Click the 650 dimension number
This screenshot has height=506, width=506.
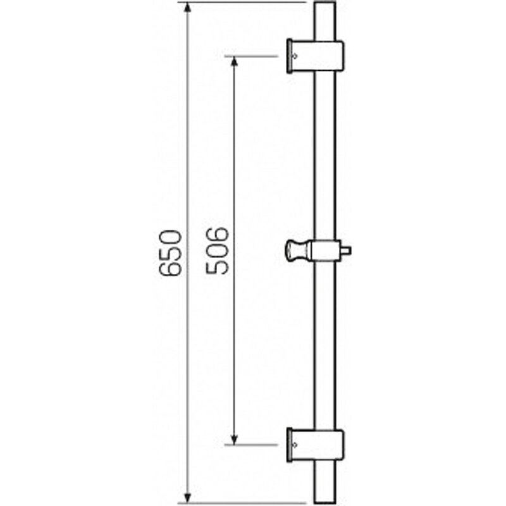170,253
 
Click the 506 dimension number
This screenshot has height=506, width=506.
217,250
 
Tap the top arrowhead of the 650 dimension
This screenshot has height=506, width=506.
187,8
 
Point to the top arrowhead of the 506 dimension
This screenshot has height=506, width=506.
235,62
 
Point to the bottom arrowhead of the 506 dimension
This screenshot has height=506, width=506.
235,439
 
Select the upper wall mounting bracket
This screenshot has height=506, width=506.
315,56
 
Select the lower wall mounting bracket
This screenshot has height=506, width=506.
315,445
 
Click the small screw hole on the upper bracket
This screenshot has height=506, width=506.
294,56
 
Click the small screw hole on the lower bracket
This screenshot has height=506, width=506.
294,445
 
